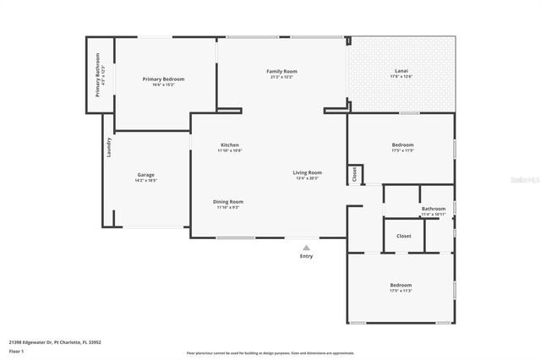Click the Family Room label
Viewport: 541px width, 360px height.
[x=281, y=71]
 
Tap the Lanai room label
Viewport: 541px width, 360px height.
[x=401, y=70]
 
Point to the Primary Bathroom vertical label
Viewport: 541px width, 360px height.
[x=98, y=75]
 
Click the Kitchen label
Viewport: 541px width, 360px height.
[x=229, y=145]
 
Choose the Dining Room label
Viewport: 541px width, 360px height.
[x=228, y=201]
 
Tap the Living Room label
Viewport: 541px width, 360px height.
[x=308, y=172]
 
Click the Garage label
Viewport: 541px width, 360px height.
[x=145, y=175]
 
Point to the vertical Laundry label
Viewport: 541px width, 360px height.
[x=109, y=147]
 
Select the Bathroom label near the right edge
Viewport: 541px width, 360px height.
[x=434, y=208]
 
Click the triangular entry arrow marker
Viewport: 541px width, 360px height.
[x=306, y=248]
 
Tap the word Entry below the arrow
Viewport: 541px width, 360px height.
[x=306, y=256]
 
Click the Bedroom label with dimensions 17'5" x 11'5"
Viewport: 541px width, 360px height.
[x=402, y=145]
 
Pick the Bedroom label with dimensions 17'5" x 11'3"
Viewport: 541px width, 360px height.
[x=401, y=285]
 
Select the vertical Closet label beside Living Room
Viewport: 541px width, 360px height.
[x=354, y=174]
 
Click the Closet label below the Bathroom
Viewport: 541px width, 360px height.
[x=403, y=236]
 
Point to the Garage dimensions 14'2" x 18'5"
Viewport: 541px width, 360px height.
[x=145, y=181]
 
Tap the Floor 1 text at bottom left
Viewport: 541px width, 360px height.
[x=16, y=351]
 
